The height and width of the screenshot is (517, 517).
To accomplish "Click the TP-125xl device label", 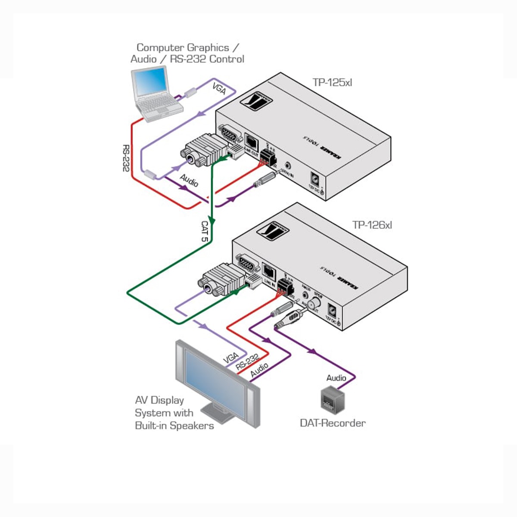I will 332,82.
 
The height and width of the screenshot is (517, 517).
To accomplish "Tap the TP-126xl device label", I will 372,225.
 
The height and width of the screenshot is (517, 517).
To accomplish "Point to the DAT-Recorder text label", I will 333,423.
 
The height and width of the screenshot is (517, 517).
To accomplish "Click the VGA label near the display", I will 231,358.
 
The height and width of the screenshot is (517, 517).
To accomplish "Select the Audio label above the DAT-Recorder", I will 336,378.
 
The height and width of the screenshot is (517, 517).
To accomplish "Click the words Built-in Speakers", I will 174,426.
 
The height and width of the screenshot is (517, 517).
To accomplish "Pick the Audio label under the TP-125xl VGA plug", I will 189,181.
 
